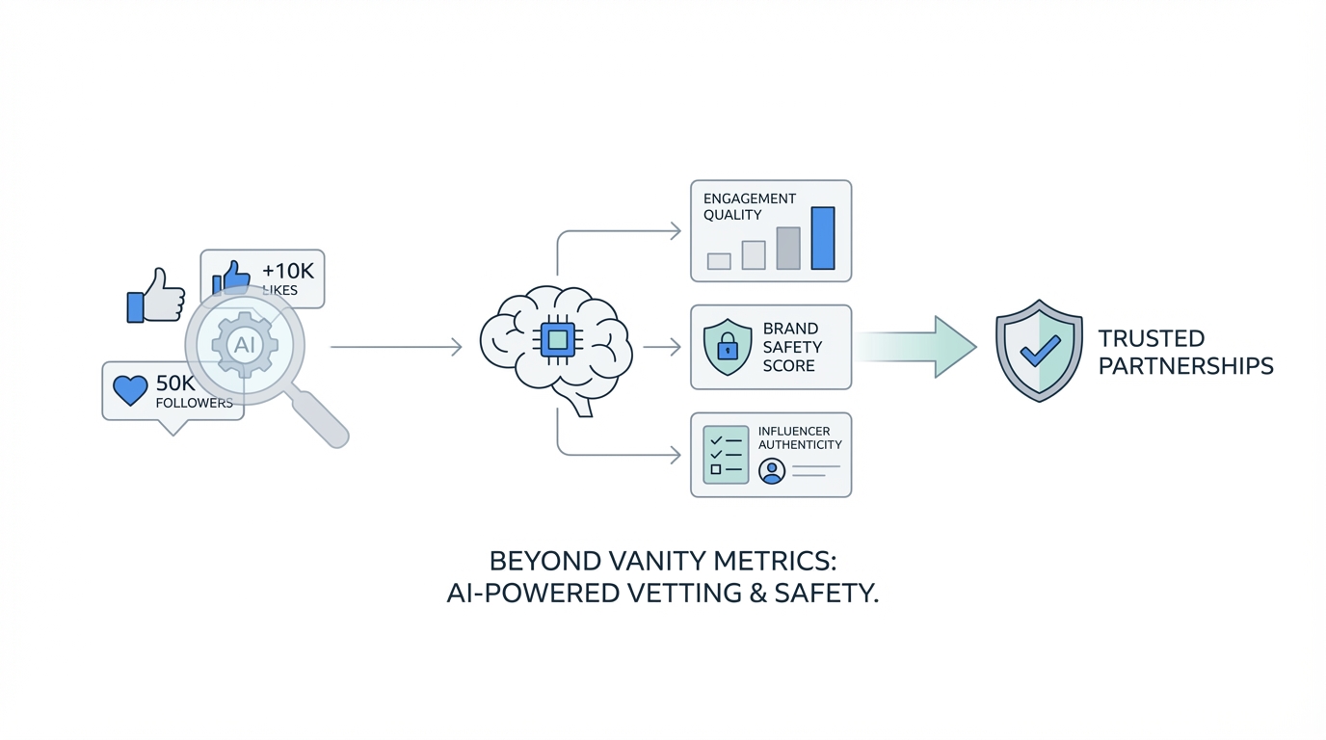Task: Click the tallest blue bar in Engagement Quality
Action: coord(822,238)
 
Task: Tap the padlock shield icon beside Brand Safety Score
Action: coord(728,347)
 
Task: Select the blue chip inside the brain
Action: coord(557,340)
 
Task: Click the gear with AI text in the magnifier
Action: coord(245,344)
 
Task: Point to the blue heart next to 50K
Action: coord(130,389)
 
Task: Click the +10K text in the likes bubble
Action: coord(287,272)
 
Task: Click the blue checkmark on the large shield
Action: coord(1040,350)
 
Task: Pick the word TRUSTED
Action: coord(1151,339)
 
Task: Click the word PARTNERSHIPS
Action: coord(1185,367)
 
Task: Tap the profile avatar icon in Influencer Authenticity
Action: coord(771,470)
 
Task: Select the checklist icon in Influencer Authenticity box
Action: coord(726,455)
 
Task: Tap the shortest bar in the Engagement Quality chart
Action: coord(719,261)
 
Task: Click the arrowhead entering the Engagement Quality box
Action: coord(676,231)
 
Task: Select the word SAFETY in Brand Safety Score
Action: coord(792,347)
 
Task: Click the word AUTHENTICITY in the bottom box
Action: coord(799,445)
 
